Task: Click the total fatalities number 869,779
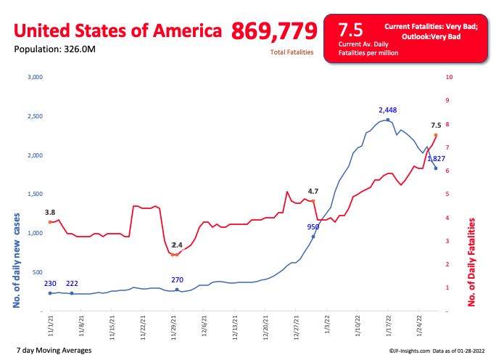[x=274, y=31]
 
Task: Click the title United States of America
[x=118, y=31]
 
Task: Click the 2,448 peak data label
[x=389, y=110]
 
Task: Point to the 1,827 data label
[x=436, y=158]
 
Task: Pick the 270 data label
[x=178, y=279]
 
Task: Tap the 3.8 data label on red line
[x=50, y=213]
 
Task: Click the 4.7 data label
[x=313, y=192]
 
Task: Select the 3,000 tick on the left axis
[x=36, y=77]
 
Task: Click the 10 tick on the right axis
[x=450, y=77]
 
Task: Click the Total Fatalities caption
[x=292, y=52]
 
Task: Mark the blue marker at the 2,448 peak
[x=388, y=120]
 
